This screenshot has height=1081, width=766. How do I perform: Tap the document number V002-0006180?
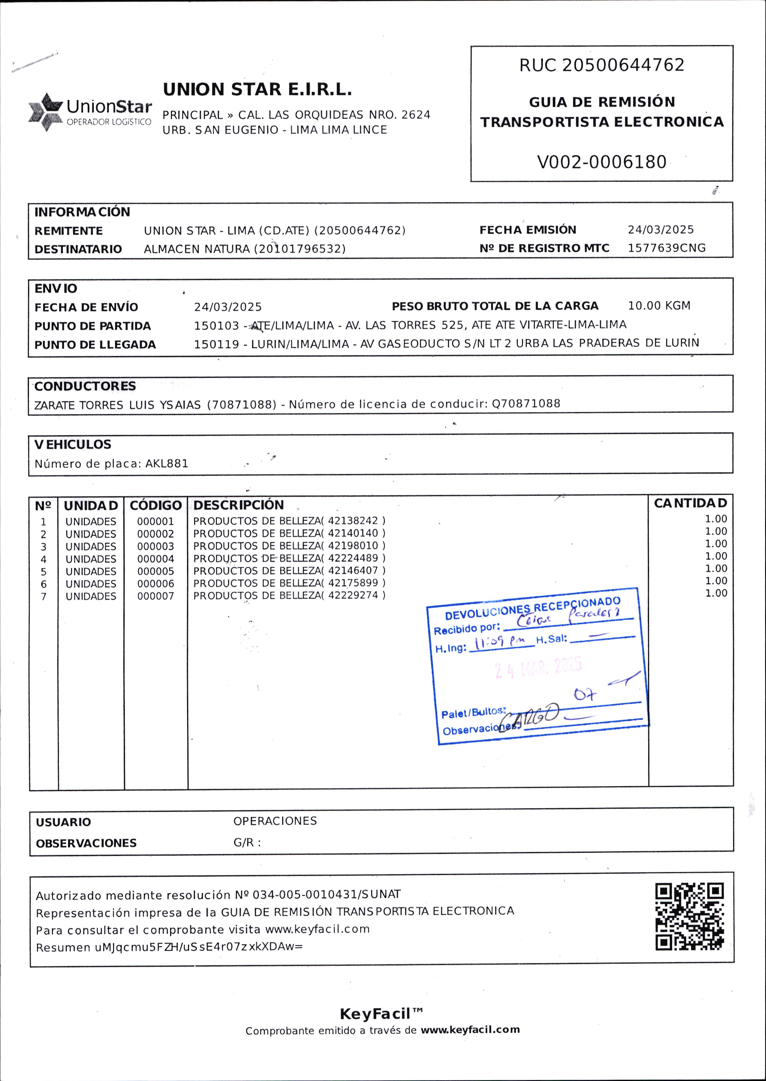tap(601, 162)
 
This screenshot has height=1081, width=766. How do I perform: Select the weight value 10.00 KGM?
tap(659, 306)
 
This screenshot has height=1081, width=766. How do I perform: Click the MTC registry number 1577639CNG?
tap(666, 248)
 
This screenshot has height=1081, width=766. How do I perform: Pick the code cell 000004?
tap(156, 559)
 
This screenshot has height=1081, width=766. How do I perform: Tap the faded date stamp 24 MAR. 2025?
tap(538, 668)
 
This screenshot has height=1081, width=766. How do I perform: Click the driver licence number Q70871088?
tap(526, 404)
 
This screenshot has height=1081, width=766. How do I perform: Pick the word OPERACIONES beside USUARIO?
tap(275, 821)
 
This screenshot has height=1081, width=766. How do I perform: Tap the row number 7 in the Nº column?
tap(43, 597)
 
